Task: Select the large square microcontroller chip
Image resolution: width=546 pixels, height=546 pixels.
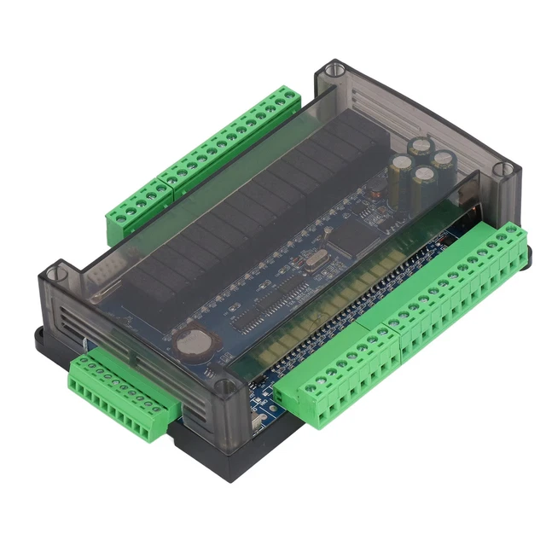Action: pyautogui.click(x=353, y=235)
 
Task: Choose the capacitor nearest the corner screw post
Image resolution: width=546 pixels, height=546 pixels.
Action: pyautogui.click(x=443, y=160)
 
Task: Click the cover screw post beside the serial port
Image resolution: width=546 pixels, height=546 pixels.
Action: pyautogui.click(x=55, y=275)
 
